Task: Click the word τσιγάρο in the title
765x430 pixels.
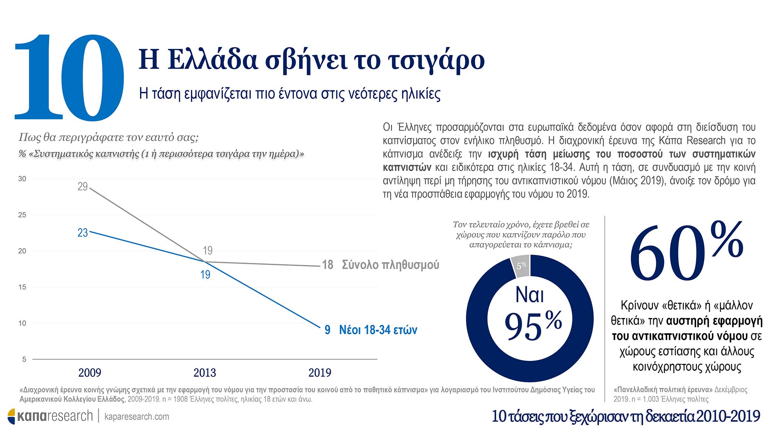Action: pos(436,60)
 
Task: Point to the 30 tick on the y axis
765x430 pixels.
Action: pos(22,179)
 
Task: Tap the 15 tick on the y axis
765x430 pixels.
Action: pos(22,287)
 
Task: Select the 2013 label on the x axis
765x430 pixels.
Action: pos(205,373)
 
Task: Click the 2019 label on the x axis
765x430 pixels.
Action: pos(320,373)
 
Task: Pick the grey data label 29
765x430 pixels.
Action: pos(83,187)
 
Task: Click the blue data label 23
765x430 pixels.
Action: pos(83,233)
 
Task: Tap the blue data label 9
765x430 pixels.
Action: pos(327,330)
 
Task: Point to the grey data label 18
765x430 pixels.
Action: pos(327,265)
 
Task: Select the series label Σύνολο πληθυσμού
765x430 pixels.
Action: pos(390,265)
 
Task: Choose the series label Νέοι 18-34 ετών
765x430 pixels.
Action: pos(378,330)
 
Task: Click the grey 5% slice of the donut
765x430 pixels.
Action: pos(521,266)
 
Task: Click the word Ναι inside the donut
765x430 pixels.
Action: pos(529,295)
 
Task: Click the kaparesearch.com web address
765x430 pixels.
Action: pos(137,417)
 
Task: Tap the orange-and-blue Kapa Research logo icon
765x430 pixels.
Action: pos(11,416)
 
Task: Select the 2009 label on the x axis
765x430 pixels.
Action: pos(90,373)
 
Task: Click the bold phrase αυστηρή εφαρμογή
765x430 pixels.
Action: pos(714,321)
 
